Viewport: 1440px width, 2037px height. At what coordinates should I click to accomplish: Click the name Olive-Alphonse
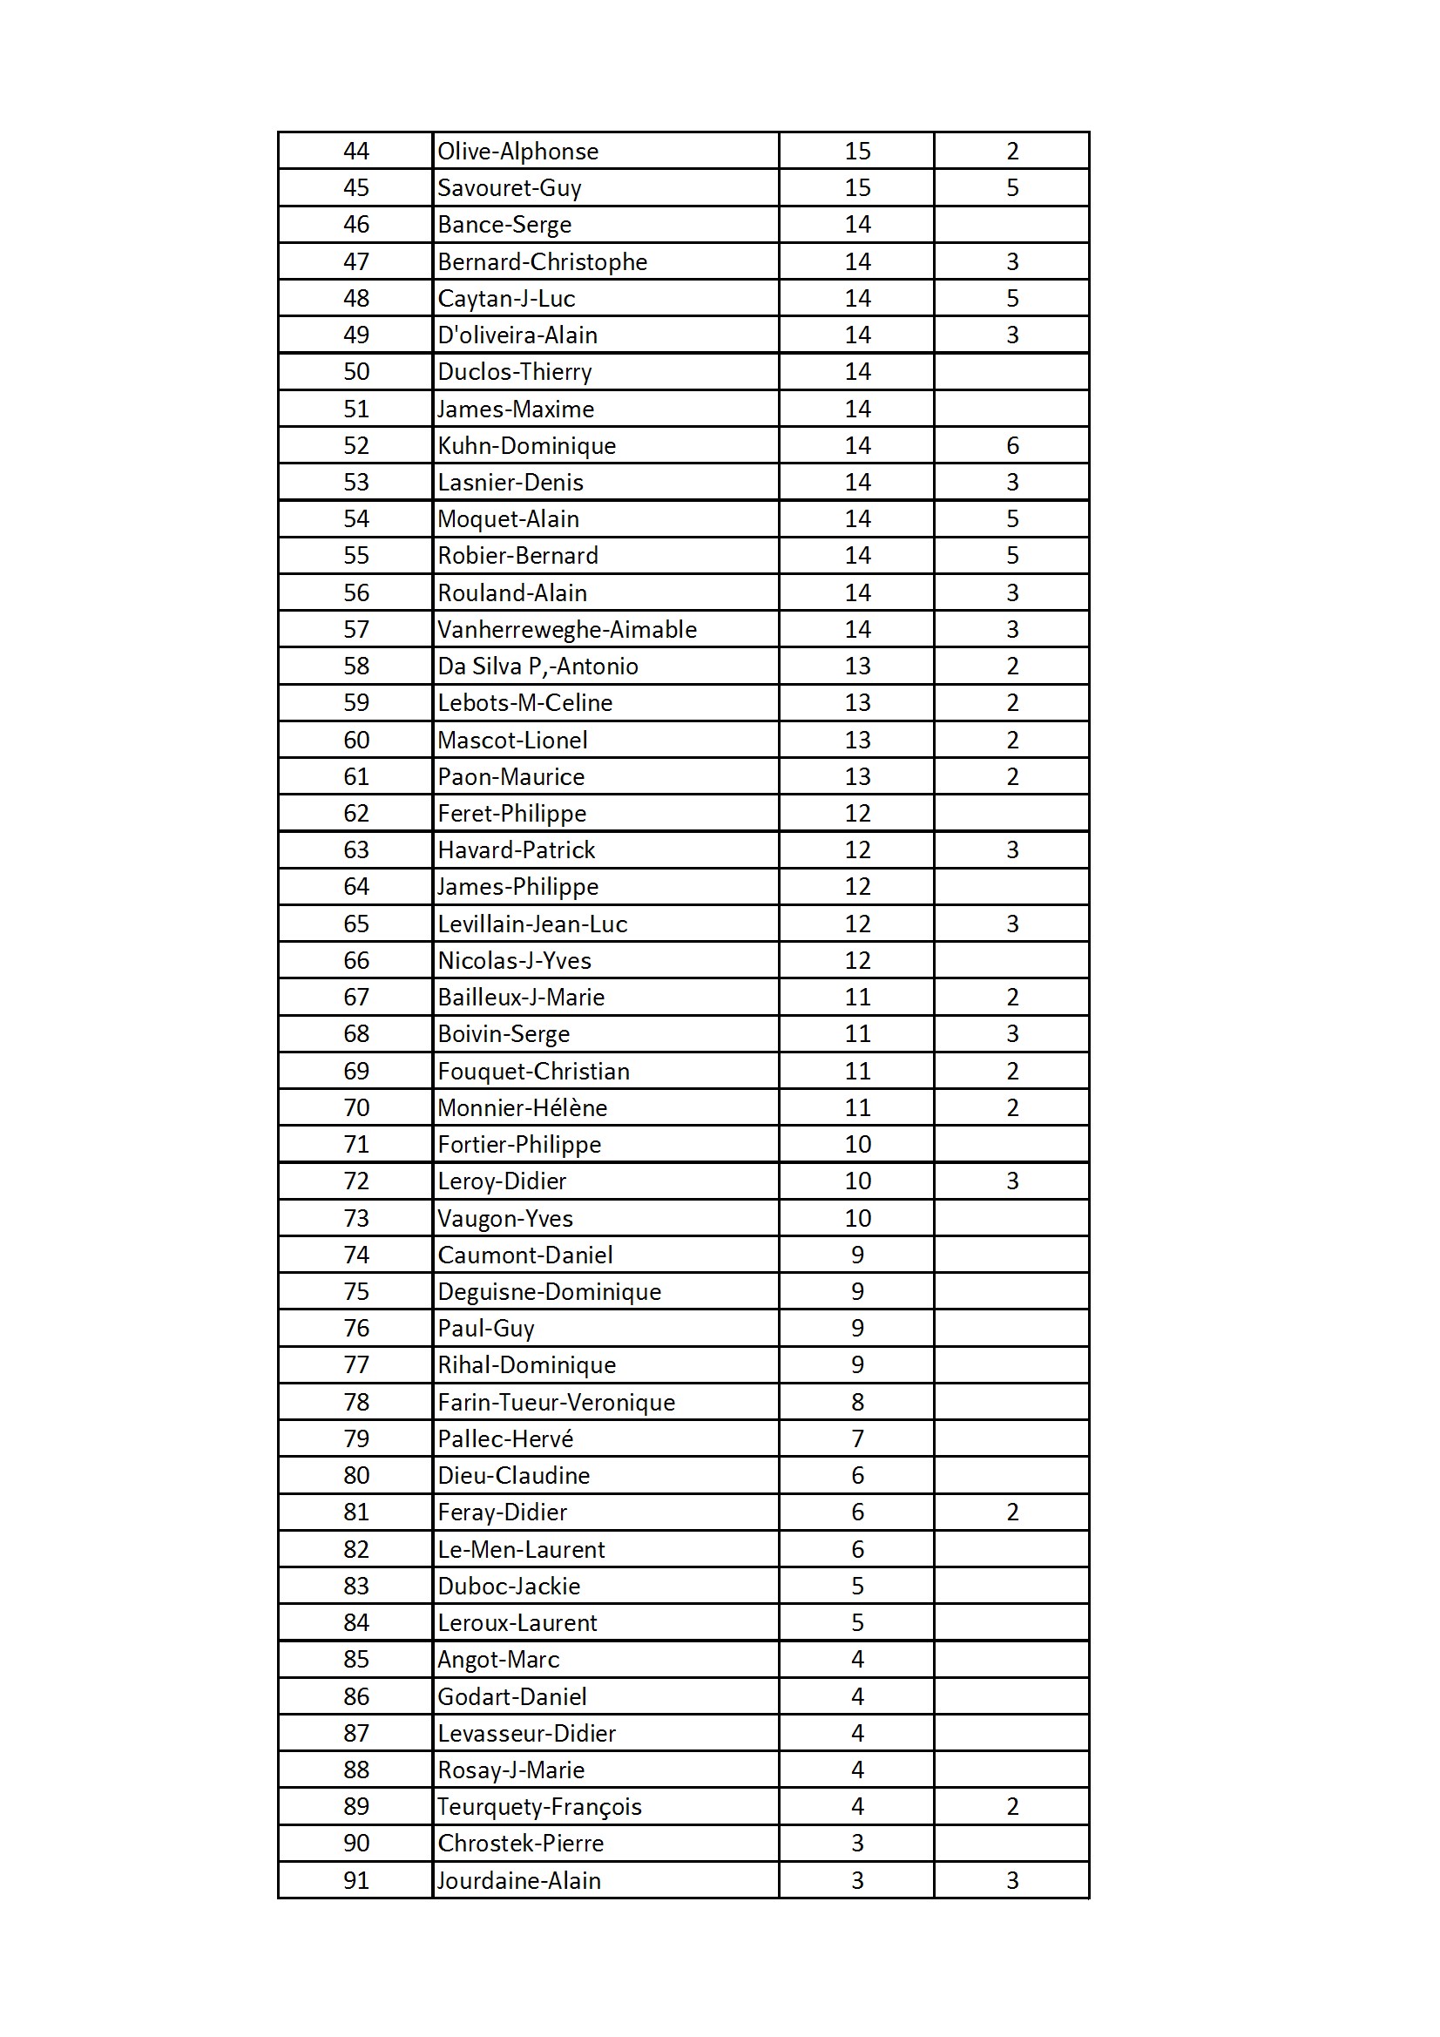(x=517, y=152)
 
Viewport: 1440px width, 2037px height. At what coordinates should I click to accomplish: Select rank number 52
(x=355, y=446)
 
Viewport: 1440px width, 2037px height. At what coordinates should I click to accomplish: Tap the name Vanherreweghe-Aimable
(x=567, y=630)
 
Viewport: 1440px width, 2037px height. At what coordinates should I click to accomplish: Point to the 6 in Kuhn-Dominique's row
(x=1012, y=446)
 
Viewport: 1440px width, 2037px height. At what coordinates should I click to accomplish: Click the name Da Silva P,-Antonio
(x=537, y=667)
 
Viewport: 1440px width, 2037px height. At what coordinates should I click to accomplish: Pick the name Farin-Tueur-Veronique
(x=557, y=1403)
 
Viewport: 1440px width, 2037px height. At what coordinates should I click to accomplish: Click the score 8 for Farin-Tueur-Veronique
(x=857, y=1403)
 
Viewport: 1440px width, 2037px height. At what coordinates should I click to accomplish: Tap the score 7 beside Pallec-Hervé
(x=857, y=1439)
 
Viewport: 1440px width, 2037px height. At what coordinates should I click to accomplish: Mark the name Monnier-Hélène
(x=522, y=1108)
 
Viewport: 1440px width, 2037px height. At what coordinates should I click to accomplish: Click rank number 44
(x=355, y=152)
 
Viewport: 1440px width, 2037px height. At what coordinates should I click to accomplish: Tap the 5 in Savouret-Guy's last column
(x=1012, y=188)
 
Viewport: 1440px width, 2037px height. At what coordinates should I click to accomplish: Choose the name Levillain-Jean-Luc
(x=532, y=924)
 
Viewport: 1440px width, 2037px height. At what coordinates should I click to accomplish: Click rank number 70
(x=355, y=1108)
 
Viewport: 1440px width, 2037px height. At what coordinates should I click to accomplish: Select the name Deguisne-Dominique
(x=549, y=1292)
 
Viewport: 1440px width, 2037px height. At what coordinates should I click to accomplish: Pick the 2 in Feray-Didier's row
(x=1012, y=1513)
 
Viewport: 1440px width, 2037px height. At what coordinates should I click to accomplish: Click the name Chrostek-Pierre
(x=521, y=1844)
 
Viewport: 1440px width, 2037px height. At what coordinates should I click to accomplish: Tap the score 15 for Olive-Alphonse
(x=857, y=152)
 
